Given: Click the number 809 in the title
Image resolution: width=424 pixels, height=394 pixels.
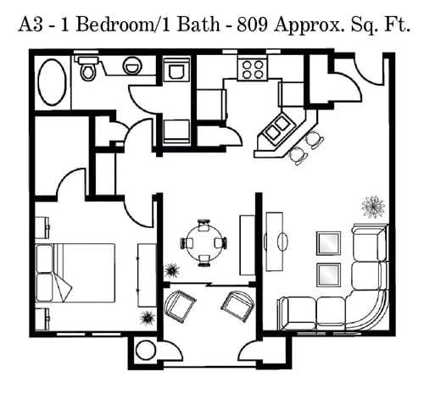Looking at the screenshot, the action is [x=253, y=25].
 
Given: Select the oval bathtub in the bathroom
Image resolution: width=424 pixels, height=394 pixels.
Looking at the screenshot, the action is [x=52, y=82].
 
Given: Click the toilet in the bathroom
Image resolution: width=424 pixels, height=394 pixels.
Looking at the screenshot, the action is [x=88, y=69].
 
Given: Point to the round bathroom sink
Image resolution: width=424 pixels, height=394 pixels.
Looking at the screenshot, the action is [x=132, y=66].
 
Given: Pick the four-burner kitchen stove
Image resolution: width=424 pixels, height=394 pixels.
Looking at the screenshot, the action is [x=253, y=69].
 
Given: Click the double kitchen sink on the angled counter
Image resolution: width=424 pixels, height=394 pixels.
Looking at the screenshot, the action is [x=278, y=128].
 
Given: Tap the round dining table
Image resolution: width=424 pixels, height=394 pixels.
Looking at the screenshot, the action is [x=204, y=243].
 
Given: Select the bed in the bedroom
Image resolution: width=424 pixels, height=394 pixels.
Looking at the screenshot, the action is [x=75, y=273].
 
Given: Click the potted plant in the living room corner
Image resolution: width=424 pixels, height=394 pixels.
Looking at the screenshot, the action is [x=373, y=207].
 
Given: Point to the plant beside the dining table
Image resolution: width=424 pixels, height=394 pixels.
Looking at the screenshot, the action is [x=171, y=270].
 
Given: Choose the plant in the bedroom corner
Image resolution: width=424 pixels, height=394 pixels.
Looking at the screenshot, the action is [x=147, y=318].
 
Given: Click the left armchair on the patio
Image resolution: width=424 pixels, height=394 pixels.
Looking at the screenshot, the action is [x=180, y=306].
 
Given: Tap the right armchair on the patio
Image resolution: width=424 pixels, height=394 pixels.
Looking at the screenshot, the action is [x=237, y=306].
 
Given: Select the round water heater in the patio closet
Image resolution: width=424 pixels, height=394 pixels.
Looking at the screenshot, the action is [x=146, y=350].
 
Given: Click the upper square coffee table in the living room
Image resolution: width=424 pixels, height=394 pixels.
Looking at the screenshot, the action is [x=328, y=243].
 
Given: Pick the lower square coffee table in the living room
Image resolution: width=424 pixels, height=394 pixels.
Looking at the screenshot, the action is [x=328, y=275].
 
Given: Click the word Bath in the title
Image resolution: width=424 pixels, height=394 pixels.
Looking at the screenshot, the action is [x=198, y=25].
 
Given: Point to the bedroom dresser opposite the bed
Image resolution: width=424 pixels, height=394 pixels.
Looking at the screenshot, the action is [x=147, y=275].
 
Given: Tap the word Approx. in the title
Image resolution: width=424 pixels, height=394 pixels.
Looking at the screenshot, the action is [x=309, y=25].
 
